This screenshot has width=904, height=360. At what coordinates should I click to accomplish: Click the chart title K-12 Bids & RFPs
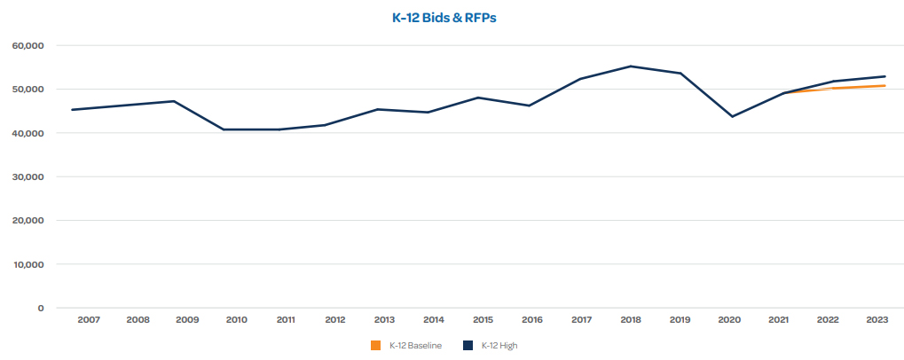[x=452, y=17]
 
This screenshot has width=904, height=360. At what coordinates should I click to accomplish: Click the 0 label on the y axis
[x=39, y=309]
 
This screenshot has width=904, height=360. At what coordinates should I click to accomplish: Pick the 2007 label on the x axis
[x=88, y=319]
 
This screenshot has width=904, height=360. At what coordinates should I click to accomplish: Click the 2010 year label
[x=236, y=319]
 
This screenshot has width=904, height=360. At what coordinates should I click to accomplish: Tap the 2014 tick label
[x=434, y=319]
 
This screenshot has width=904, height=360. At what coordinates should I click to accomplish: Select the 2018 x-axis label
[x=631, y=319]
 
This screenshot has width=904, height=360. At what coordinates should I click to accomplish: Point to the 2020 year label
[x=729, y=319]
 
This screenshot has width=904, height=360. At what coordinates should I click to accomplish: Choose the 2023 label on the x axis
[x=877, y=319]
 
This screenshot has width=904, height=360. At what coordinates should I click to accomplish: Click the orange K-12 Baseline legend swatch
[x=375, y=345]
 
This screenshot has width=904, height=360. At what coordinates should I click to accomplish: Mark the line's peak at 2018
[x=631, y=67]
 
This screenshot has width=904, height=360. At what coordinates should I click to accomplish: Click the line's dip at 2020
[x=732, y=116]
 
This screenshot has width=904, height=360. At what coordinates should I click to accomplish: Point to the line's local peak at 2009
[x=174, y=101]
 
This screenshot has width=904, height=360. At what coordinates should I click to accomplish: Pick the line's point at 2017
[x=581, y=79]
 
